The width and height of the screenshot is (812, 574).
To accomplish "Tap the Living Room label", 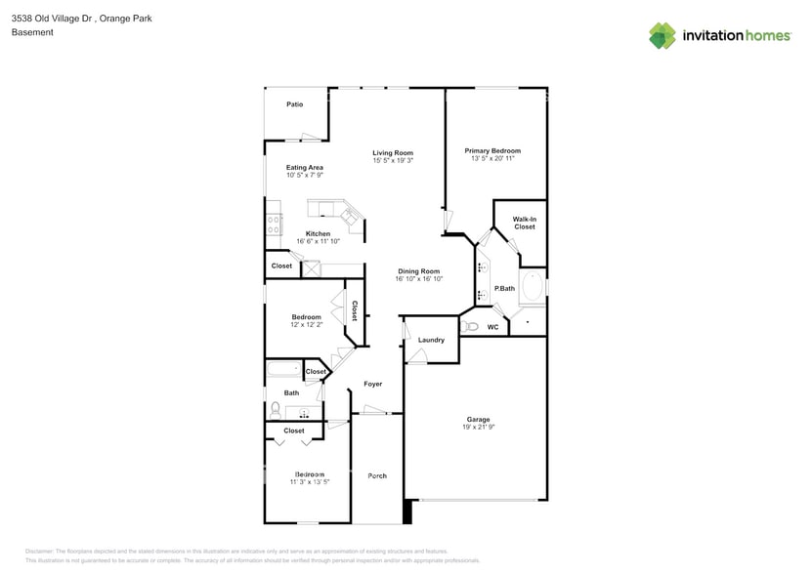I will click(393, 152).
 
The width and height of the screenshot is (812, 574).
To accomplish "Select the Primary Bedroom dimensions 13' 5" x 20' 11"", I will click(492, 158).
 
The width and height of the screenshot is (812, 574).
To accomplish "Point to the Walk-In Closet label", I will click(525, 223).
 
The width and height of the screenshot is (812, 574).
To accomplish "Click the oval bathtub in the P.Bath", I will click(533, 287).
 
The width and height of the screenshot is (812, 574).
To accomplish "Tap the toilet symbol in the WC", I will click(472, 326).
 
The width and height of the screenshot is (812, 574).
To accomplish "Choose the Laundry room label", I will click(431, 340).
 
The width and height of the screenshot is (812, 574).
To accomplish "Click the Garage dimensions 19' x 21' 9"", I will click(478, 428).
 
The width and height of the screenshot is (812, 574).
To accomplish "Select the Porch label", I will click(377, 475).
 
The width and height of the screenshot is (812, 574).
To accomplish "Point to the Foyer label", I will click(373, 384).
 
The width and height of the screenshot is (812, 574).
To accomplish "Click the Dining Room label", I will click(418, 270).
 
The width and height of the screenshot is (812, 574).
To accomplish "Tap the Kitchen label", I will click(318, 233).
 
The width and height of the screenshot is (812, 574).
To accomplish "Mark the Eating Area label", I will click(305, 167).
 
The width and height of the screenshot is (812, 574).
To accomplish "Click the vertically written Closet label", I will click(354, 310).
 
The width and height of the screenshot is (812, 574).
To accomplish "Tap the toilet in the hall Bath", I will click(277, 409).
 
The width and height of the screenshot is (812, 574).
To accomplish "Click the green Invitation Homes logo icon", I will click(662, 36).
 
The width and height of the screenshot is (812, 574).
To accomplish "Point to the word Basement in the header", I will click(32, 32).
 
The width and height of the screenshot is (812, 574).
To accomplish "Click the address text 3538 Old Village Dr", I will click(51, 18).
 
